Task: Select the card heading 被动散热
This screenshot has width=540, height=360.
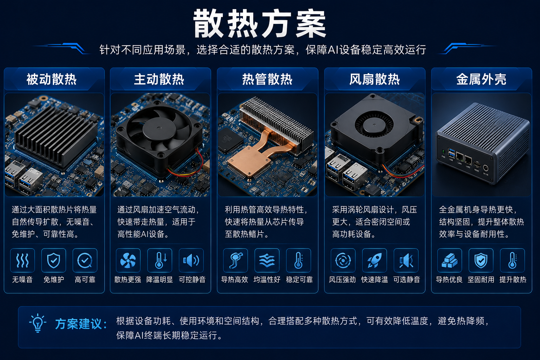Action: click(x=51, y=79)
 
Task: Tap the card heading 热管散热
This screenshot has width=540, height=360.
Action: click(x=267, y=79)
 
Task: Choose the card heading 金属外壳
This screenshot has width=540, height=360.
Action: click(x=481, y=79)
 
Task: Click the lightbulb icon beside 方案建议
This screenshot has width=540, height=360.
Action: click(x=38, y=323)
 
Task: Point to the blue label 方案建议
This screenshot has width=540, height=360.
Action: click(x=81, y=323)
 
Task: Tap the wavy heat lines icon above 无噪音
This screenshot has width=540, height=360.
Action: click(x=22, y=261)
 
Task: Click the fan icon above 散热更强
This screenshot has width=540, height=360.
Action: click(x=128, y=261)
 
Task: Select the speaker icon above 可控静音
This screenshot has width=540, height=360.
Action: click(x=191, y=261)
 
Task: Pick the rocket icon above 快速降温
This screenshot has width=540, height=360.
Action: click(x=374, y=261)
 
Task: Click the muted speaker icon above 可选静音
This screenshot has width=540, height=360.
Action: click(x=406, y=261)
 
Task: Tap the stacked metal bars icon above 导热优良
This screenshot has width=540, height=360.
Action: click(x=450, y=261)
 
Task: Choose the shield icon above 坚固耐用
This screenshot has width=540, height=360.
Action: click(x=481, y=261)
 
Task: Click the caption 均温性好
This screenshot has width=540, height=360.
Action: click(x=267, y=279)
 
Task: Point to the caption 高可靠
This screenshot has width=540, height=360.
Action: click(x=85, y=279)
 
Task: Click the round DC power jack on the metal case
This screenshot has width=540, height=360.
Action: click(x=486, y=168)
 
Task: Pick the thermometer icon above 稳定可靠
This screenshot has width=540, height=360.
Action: click(x=298, y=261)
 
